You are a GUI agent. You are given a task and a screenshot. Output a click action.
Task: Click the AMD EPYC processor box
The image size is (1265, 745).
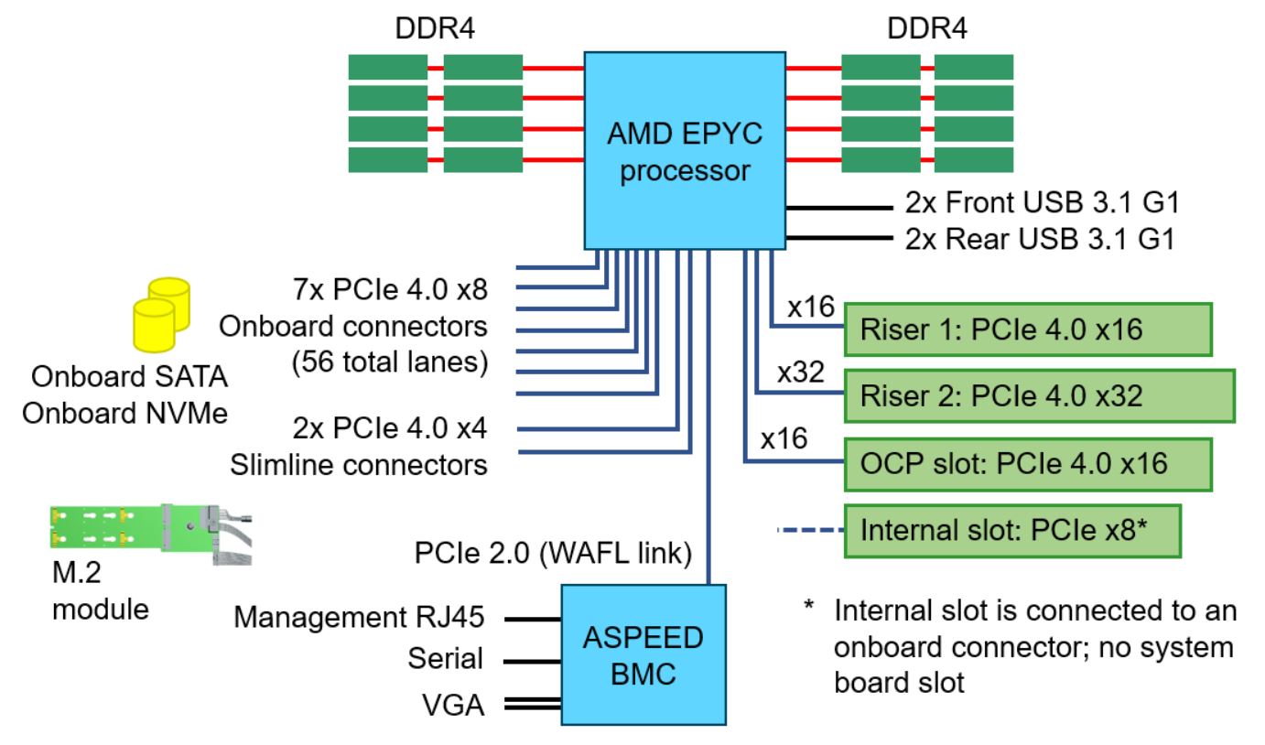pyautogui.click(x=685, y=149)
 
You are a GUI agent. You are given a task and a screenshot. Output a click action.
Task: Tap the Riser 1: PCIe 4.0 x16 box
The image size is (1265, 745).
pyautogui.click(x=1028, y=329)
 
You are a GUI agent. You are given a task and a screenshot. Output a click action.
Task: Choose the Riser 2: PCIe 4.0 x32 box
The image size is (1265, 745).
pyautogui.click(x=1039, y=395)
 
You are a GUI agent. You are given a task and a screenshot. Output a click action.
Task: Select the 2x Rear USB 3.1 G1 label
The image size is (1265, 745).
pyautogui.click(x=1034, y=241)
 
